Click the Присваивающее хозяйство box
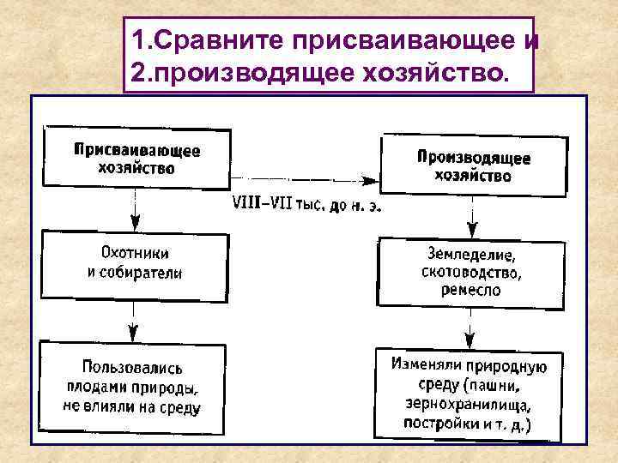pyautogui.click(x=136, y=158)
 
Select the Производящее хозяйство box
pyautogui.click(x=473, y=166)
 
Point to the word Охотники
pyautogui.click(x=135, y=253)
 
